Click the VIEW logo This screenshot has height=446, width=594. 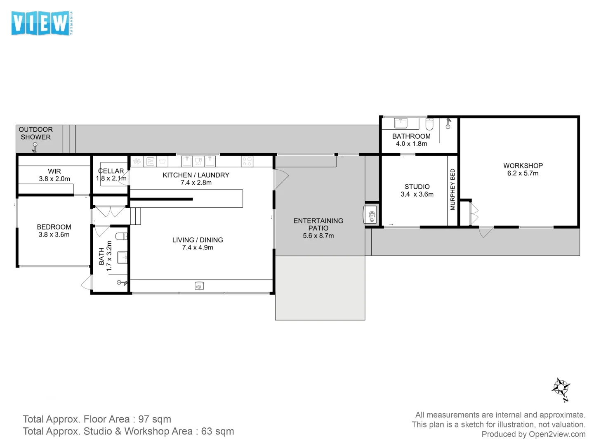[41, 23]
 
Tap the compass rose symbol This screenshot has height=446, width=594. [561, 389]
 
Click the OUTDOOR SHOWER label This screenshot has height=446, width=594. [35, 133]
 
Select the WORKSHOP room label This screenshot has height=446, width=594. [523, 166]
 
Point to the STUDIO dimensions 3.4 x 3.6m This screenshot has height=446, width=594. [417, 195]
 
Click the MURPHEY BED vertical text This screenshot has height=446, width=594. [453, 189]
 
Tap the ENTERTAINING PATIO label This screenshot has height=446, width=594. [318, 224]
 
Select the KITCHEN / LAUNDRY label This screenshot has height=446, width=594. [196, 175]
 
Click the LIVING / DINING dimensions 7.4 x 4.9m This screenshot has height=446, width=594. [198, 248]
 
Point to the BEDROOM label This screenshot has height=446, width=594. [54, 227]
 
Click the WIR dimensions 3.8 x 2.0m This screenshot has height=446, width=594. [54, 179]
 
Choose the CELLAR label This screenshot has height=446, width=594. [111, 171]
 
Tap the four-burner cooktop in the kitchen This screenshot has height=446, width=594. [247, 161]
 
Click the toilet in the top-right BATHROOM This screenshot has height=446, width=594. [429, 124]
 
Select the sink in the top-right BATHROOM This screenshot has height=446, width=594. [400, 123]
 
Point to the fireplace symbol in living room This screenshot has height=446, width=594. [199, 286]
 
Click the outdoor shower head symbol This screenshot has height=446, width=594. [35, 146]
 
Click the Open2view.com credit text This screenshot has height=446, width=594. [533, 434]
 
